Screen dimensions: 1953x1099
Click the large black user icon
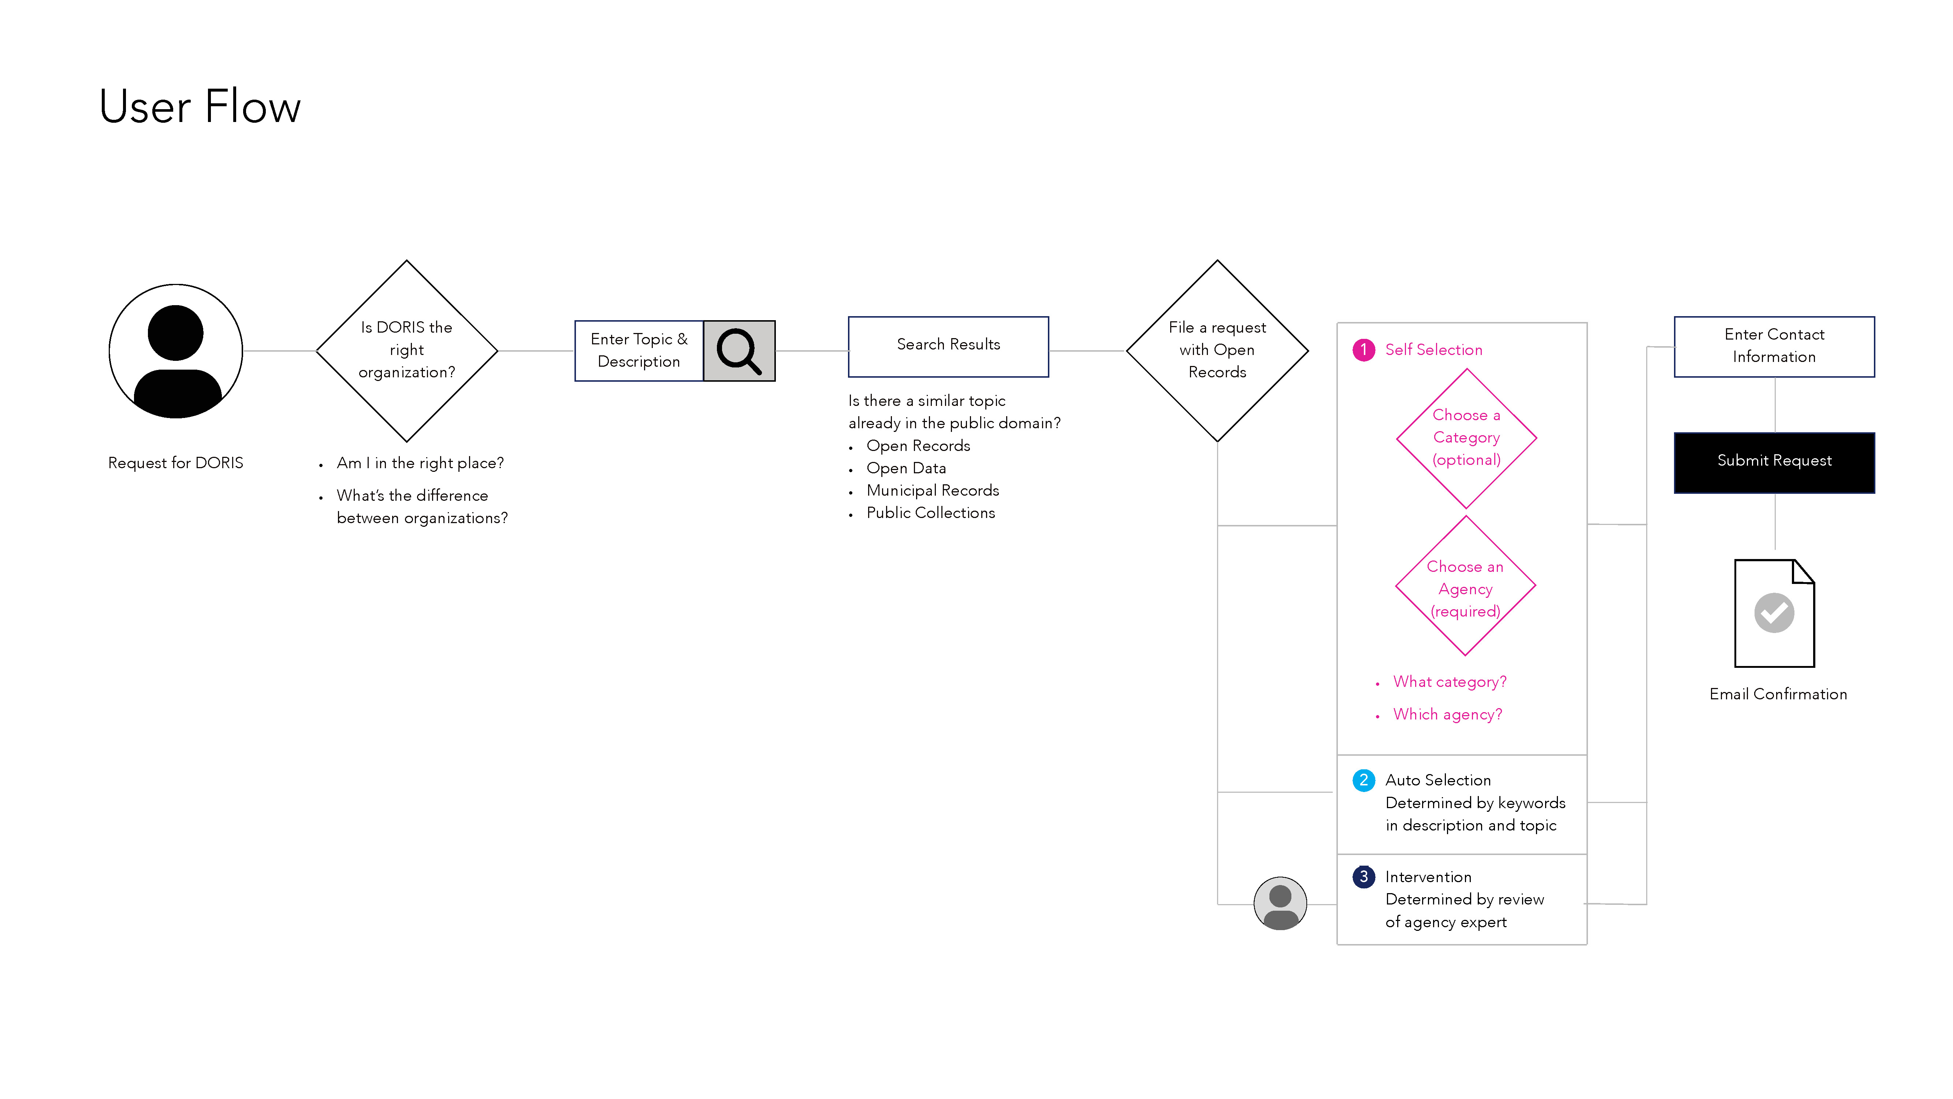[x=176, y=351]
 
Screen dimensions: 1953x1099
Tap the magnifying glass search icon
[x=739, y=351]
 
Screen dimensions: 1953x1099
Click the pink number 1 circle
[x=1363, y=349]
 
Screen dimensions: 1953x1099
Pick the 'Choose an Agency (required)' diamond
[x=1466, y=585]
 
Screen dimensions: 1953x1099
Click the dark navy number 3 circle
[x=1363, y=877]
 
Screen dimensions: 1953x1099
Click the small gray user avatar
[x=1280, y=903]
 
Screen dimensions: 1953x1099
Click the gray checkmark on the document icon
[x=1774, y=613]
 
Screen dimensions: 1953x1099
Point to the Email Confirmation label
[x=1778, y=694]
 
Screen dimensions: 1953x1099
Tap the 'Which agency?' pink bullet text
[x=1447, y=714]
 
